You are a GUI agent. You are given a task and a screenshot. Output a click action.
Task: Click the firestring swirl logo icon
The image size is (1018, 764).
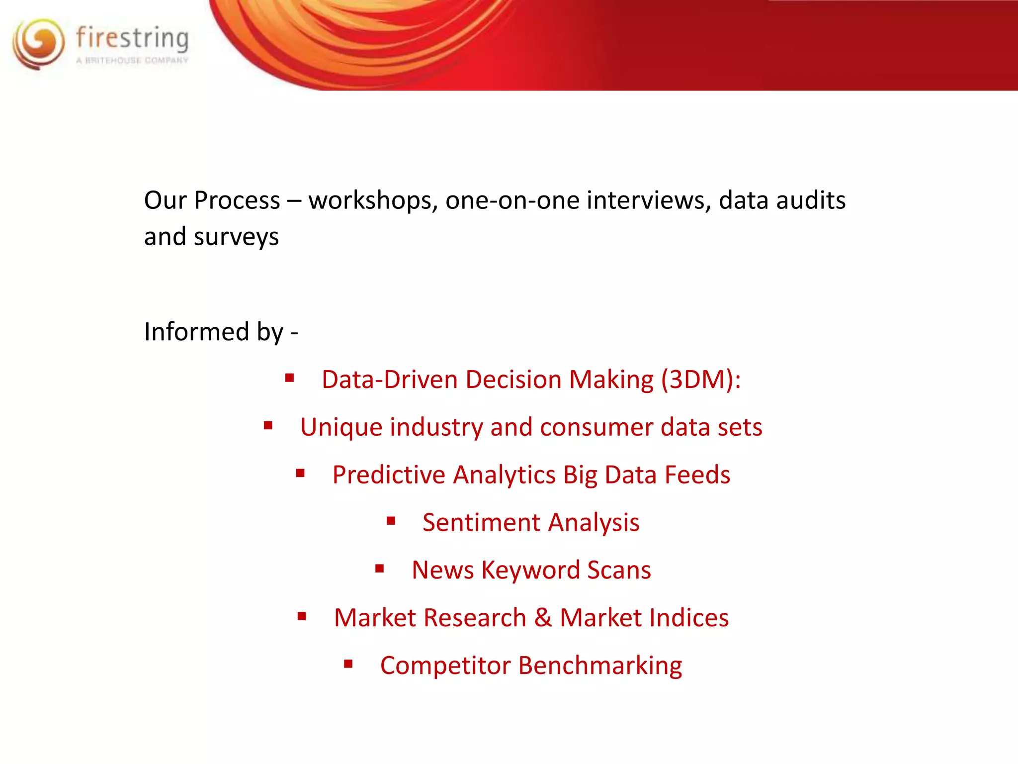pos(39,44)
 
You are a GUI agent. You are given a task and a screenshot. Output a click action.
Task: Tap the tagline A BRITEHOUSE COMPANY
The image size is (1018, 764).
pos(132,60)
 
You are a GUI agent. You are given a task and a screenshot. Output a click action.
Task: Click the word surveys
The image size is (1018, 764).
pos(236,237)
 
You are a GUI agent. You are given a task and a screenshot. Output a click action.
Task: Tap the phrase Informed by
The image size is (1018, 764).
pos(214,332)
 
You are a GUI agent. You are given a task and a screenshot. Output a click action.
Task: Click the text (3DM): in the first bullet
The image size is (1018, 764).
pos(701,380)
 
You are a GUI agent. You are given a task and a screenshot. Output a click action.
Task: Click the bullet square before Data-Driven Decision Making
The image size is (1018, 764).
pos(289,379)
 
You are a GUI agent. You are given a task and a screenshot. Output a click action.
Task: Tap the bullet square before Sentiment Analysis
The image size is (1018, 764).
pos(391,521)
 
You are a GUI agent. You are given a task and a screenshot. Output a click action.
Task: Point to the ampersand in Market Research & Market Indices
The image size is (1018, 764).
pos(543,618)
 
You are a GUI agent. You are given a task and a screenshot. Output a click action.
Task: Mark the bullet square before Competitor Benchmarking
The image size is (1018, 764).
pos(348,664)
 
